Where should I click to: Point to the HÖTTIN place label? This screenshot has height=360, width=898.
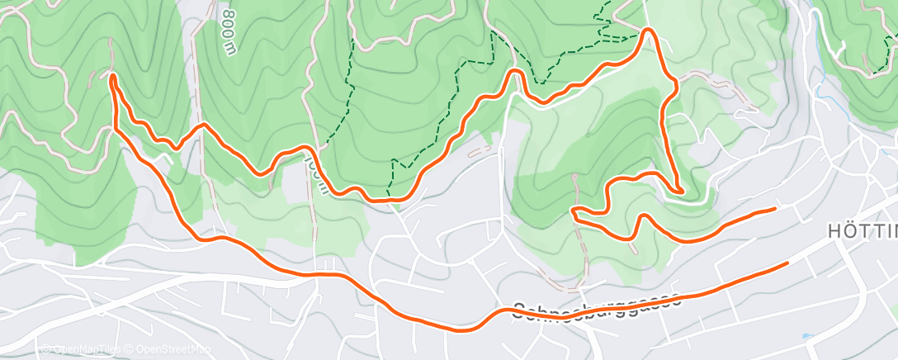pos(862,233)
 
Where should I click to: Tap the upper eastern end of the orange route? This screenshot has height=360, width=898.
pos(774,209)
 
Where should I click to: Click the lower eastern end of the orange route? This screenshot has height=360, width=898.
pos(787,263)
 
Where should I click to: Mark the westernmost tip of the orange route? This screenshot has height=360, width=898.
pos(111,77)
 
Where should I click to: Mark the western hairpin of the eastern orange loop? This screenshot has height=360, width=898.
pos(573,212)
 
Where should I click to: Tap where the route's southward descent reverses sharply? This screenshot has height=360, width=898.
pos(680,191)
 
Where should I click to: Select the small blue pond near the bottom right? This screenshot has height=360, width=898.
pos(805,336)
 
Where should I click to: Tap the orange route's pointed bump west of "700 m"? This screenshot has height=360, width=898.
pos(201,126)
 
